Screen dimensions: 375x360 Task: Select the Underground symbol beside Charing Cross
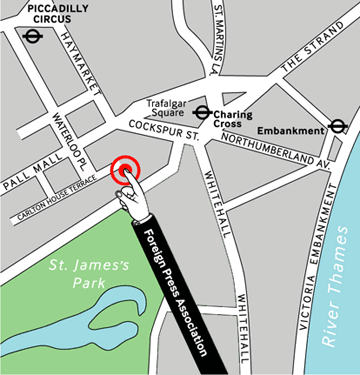coord(203,113)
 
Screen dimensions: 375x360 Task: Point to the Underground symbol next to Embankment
coord(338,126)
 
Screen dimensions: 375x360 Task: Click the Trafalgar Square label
coord(167,109)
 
